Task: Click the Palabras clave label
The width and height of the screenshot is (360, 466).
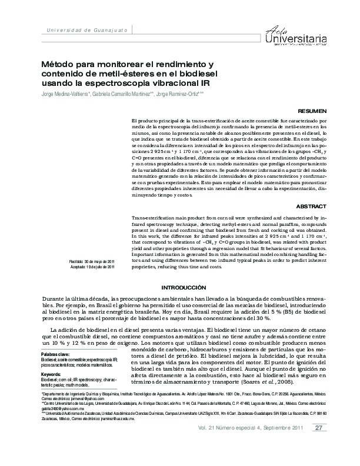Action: coord(55,354)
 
